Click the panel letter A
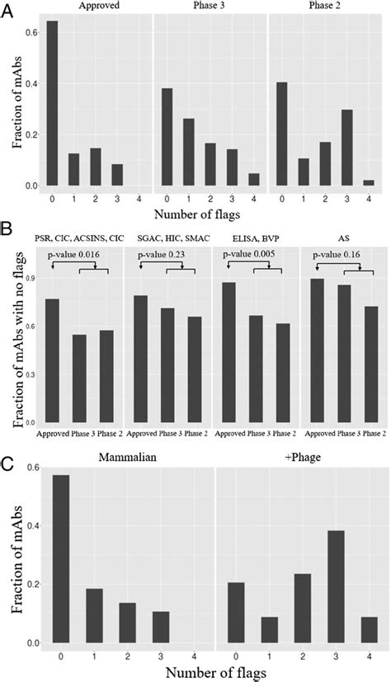[9, 9]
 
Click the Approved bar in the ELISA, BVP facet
[229, 352]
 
